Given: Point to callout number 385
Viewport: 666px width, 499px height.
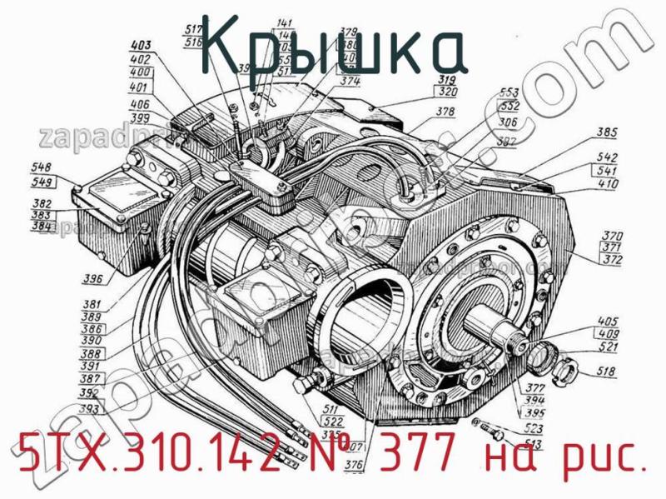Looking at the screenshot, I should pos(606,131).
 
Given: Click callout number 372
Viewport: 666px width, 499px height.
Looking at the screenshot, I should pos(613,260).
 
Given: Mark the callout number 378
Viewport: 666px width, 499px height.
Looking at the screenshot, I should pos(445,111).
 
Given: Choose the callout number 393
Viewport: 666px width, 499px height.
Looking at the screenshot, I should pos(88,408).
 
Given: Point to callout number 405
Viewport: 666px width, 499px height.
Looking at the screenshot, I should pos(609,320).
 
